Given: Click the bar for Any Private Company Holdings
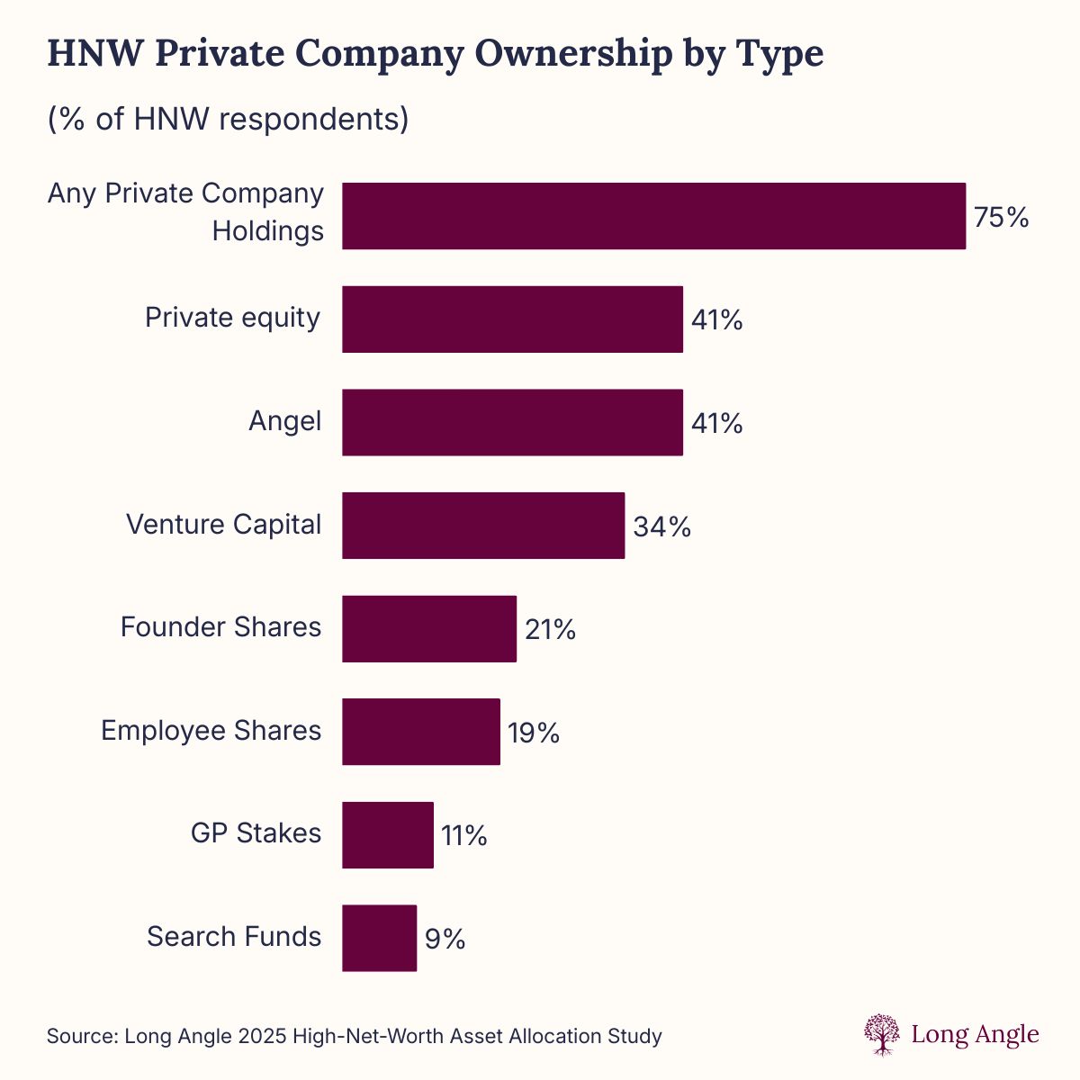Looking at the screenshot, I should [653, 216].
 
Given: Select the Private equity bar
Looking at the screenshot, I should [512, 319].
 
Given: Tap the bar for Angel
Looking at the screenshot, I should [512, 422].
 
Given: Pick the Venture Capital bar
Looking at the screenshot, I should [483, 525].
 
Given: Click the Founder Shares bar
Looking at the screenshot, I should [429, 628].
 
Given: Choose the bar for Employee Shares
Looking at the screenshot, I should [420, 732].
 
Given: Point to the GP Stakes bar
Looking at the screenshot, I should [387, 834].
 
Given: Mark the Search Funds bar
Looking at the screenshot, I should [379, 938].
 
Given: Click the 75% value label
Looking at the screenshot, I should [1001, 217].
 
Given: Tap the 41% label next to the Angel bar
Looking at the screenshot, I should [716, 423].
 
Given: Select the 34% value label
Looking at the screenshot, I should [661, 526].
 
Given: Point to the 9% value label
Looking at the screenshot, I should [445, 939].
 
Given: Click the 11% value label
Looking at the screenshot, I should [463, 836].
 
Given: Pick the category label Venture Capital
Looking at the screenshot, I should [223, 524].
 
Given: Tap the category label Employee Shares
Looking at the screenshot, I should [211, 730].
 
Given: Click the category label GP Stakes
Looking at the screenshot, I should [256, 833].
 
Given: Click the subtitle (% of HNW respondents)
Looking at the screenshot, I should [228, 119].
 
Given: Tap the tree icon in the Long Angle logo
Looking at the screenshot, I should [881, 1034].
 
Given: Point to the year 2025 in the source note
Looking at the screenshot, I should [264, 1036].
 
